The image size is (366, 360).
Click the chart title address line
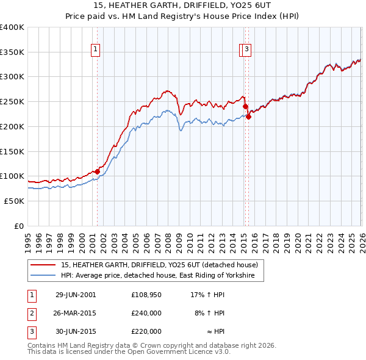tap(183, 5)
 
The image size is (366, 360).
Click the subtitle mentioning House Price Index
tap(183, 16)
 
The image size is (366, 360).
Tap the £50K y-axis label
tap(14, 201)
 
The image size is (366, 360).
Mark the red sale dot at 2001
tap(98, 171)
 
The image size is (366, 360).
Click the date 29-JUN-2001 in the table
tap(76, 295)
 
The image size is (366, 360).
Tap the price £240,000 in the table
tap(146, 313)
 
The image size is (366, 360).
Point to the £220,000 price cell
tap(146, 331)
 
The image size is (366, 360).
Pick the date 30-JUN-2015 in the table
tap(76, 331)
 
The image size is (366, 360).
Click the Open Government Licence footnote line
tap(129, 352)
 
